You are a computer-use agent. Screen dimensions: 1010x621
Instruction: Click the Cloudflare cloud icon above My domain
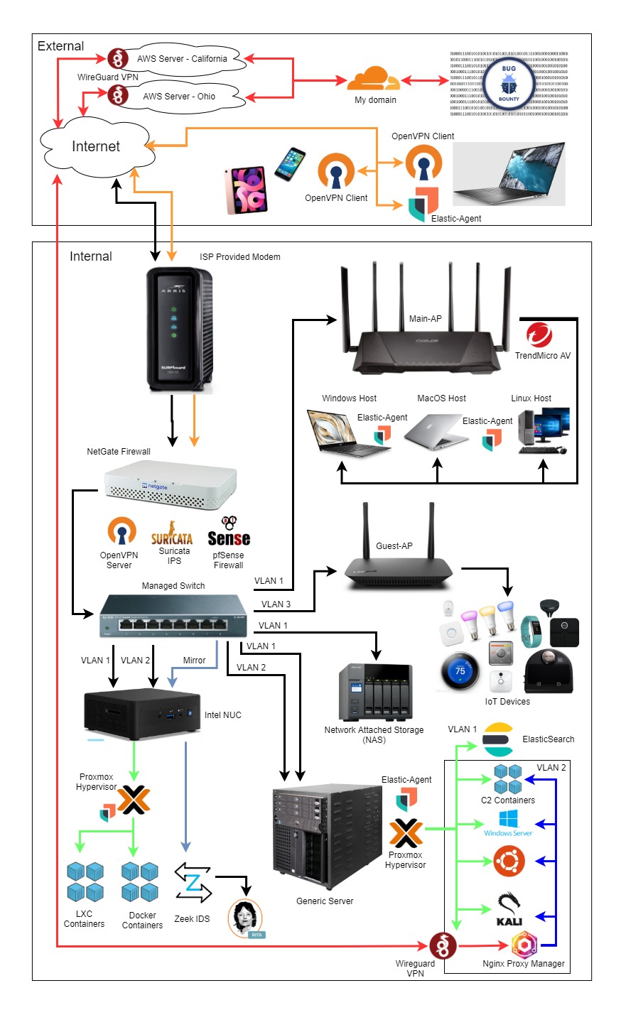[x=374, y=78]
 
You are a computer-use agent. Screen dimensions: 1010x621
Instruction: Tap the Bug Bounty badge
[x=509, y=84]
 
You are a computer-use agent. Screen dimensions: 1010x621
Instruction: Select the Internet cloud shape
[x=96, y=146]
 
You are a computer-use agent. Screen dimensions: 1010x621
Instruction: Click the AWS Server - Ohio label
[x=179, y=97]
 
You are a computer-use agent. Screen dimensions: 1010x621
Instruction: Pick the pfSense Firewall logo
[x=228, y=533]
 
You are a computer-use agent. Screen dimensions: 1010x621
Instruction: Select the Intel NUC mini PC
[x=141, y=714]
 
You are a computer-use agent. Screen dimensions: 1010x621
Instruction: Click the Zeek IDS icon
[x=193, y=882]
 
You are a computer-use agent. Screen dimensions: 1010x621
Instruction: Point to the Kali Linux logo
[x=509, y=909]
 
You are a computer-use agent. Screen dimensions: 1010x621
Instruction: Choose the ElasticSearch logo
[x=498, y=739]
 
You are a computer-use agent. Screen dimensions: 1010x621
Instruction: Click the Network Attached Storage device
[x=375, y=693]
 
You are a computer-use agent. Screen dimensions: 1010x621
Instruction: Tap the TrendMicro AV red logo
[x=539, y=335]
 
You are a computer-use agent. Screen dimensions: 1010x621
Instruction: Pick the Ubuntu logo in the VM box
[x=509, y=862]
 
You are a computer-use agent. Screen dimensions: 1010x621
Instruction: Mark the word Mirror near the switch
[x=194, y=661]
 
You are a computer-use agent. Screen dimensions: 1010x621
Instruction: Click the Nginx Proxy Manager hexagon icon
[x=524, y=945]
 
